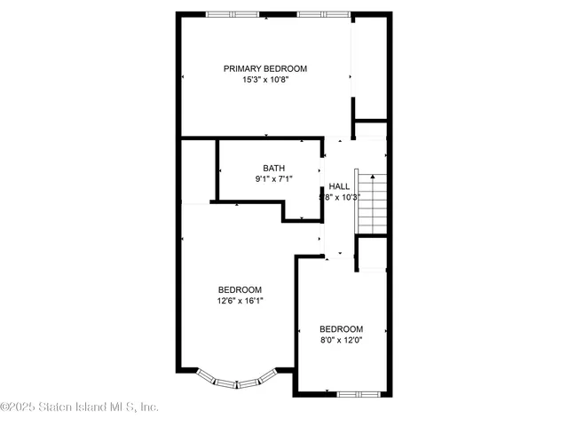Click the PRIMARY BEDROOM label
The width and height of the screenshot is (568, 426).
point(264,68)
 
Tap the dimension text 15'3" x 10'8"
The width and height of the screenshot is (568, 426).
point(264,80)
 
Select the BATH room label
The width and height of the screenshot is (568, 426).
point(273,168)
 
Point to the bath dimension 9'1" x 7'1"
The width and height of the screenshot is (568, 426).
point(273,178)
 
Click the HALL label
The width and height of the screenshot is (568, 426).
point(339,185)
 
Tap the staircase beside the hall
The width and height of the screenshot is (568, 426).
point(372,203)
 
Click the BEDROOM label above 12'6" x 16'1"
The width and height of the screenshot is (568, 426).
point(240,289)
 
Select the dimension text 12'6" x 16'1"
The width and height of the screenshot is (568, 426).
point(240,300)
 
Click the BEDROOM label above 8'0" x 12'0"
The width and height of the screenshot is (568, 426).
point(341,327)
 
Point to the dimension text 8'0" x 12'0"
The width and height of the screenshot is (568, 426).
point(341,338)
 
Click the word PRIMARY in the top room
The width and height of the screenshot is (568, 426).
point(242,68)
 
